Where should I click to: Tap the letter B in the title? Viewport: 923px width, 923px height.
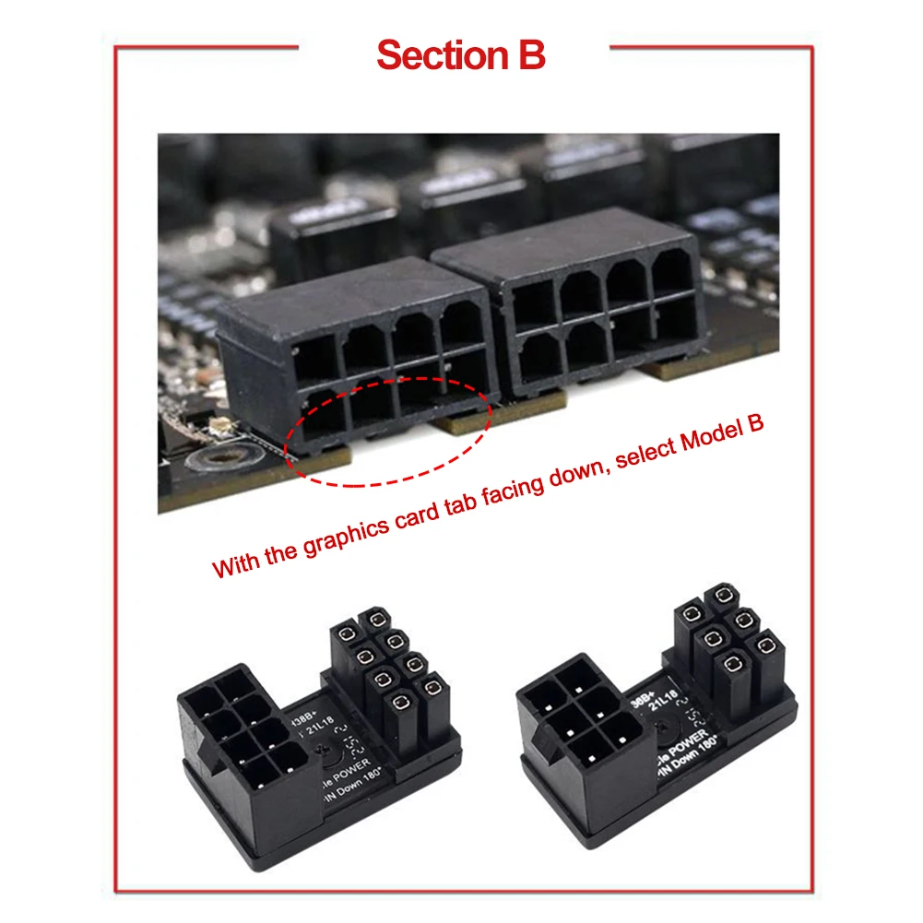coord(531,55)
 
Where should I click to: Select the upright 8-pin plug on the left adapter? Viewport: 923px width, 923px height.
coord(386,678)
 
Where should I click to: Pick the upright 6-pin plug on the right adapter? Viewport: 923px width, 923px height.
coord(726,645)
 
